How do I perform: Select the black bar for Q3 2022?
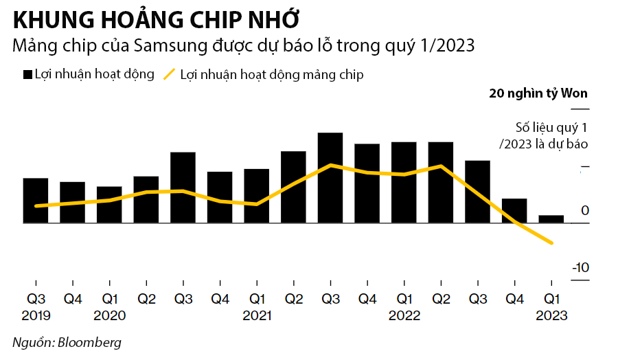477,192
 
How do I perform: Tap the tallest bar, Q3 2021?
330,178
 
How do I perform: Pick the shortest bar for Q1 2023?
551,219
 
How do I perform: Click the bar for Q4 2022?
514,211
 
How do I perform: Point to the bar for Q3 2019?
36,201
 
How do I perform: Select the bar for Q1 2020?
109,205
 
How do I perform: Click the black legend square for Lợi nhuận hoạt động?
28,74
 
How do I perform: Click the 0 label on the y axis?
584,210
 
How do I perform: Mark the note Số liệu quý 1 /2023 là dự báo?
543,135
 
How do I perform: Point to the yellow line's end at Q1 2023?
551,243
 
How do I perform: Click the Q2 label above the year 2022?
441,300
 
